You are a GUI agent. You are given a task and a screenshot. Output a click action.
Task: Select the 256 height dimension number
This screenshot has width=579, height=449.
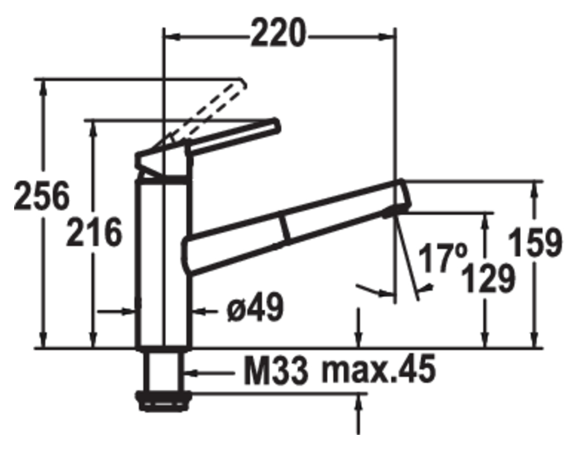click(41, 196)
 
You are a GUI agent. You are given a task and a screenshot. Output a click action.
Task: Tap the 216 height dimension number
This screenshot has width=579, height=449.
click(94, 233)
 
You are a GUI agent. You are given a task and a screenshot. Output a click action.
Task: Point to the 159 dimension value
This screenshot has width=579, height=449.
click(535, 243)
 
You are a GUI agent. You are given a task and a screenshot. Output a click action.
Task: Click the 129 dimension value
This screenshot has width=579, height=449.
click(488, 279)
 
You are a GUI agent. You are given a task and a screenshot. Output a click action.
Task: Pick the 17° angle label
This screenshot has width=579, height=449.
click(443, 258)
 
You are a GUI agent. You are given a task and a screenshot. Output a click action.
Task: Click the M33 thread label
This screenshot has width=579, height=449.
click(276, 371)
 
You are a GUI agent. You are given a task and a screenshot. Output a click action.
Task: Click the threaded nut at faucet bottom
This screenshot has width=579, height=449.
click(163, 401)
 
